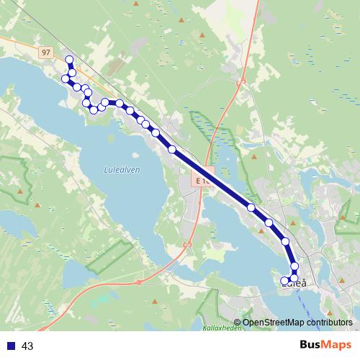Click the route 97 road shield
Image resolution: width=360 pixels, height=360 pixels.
(x=46, y=53)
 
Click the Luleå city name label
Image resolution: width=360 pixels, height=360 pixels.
(x=296, y=284)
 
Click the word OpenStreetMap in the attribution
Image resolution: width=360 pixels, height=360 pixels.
(x=274, y=323)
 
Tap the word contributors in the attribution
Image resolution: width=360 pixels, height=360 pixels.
(x=330, y=323)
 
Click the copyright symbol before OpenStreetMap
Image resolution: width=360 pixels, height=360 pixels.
(x=237, y=323)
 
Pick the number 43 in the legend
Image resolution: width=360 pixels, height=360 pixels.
(x=27, y=346)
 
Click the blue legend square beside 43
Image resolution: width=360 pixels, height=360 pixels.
(x=10, y=346)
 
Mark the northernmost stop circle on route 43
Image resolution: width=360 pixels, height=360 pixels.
(x=69, y=60)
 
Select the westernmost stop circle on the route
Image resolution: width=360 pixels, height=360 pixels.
(x=66, y=78)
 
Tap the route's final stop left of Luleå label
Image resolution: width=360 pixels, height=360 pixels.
(x=285, y=280)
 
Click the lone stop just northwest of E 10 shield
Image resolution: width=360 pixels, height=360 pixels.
(x=172, y=149)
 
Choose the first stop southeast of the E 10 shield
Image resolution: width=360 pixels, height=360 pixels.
(x=251, y=207)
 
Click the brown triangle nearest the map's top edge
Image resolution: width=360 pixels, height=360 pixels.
(x=203, y=35)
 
